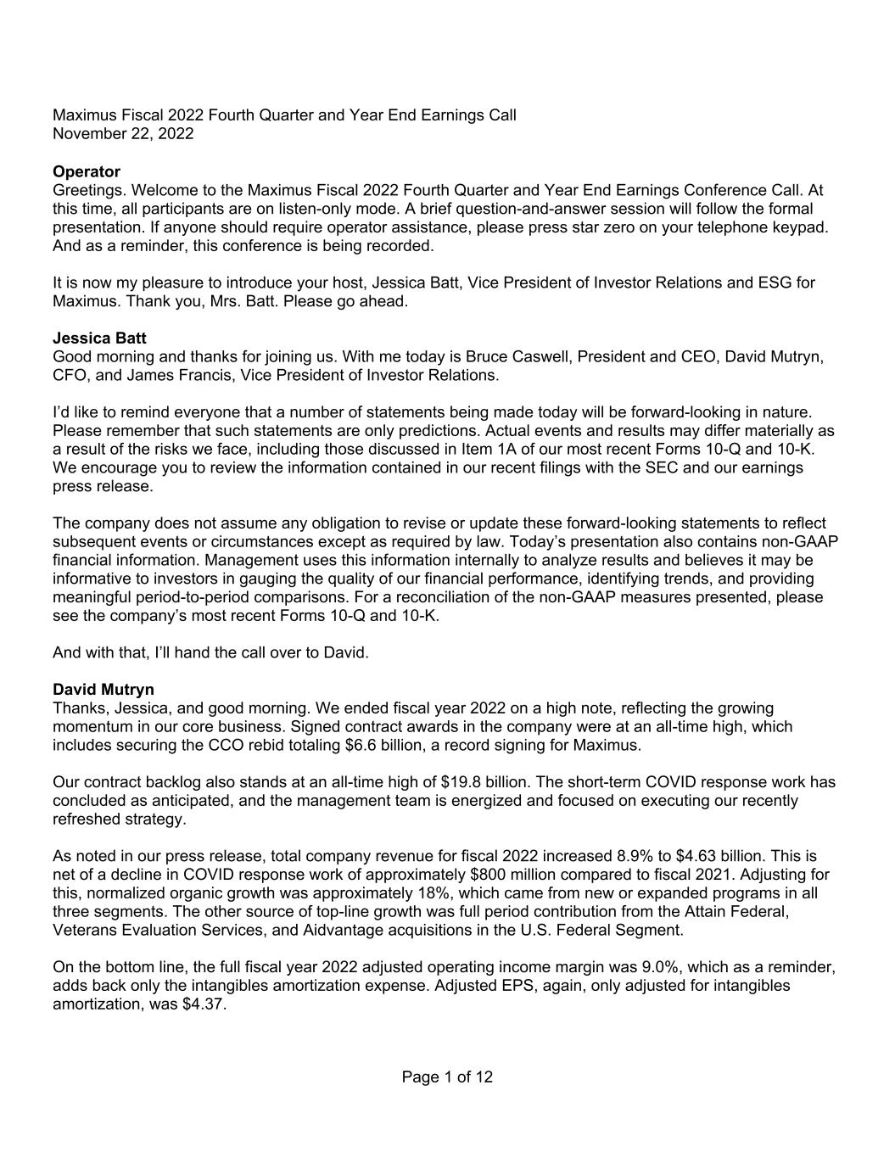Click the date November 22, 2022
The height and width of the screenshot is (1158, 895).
point(123,134)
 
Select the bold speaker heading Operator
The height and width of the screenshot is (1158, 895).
point(87,172)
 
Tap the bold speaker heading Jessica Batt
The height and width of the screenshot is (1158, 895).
point(98,338)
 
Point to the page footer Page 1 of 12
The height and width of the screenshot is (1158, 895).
point(447,1077)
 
